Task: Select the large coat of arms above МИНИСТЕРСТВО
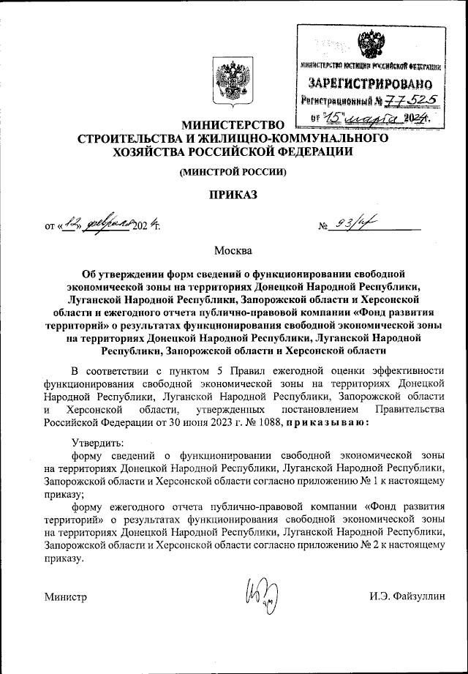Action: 233,81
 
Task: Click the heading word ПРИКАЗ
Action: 233,195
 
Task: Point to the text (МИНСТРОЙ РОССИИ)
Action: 233,172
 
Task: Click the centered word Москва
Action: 233,251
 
